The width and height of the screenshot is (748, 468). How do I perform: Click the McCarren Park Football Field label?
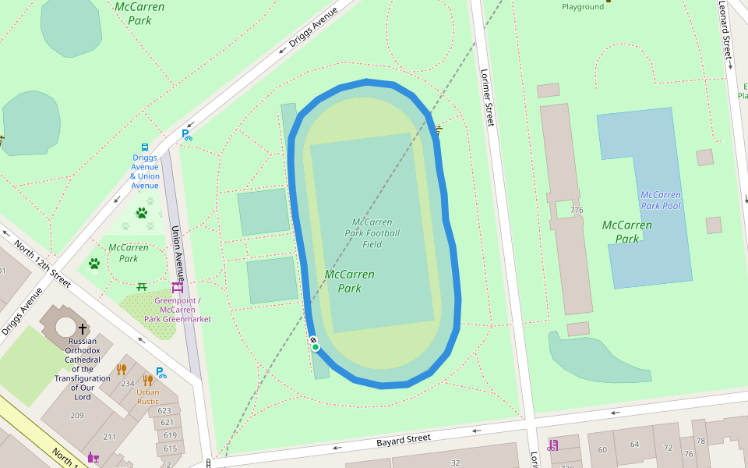coord(372,232)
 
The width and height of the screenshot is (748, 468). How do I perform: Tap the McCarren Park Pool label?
coord(660,200)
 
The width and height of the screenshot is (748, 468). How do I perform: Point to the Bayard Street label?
coord(403,439)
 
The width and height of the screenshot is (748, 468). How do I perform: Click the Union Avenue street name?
coord(178,253)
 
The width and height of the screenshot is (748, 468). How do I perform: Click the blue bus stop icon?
coord(145,147)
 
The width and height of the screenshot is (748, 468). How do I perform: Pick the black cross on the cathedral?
coord(83,329)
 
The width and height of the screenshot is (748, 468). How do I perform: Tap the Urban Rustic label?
coord(148,397)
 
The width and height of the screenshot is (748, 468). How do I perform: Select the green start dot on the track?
coord(316,347)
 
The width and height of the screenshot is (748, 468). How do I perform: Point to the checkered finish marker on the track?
coord(313,340)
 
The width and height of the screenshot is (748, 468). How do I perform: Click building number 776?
coord(577,211)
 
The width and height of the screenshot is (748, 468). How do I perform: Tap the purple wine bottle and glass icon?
coord(93,458)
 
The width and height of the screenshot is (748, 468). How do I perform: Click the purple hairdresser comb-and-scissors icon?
coord(552,445)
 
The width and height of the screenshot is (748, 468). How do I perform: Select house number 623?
coord(164,410)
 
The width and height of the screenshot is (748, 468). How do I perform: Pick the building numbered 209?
coord(76,415)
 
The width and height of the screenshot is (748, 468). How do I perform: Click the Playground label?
coord(583,7)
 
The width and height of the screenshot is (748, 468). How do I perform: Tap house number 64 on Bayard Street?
coord(634,445)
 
